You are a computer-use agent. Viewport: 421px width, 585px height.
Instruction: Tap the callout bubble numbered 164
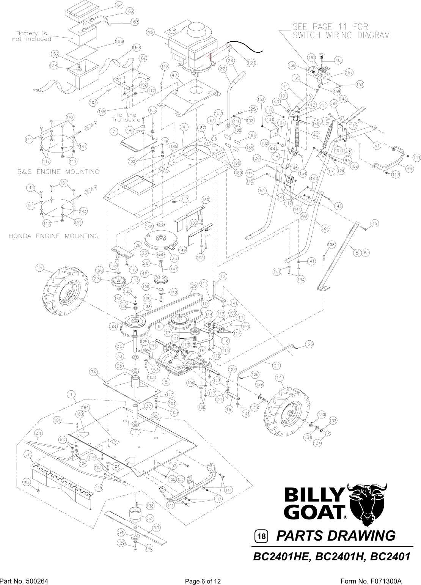coord(119,5)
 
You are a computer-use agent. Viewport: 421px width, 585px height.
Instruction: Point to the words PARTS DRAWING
coord(336,536)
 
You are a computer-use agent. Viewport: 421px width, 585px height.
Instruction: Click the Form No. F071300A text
coord(371,581)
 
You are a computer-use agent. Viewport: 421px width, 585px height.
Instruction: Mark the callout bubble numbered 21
coord(276,365)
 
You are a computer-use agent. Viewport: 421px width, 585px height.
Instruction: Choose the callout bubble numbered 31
coord(38,433)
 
